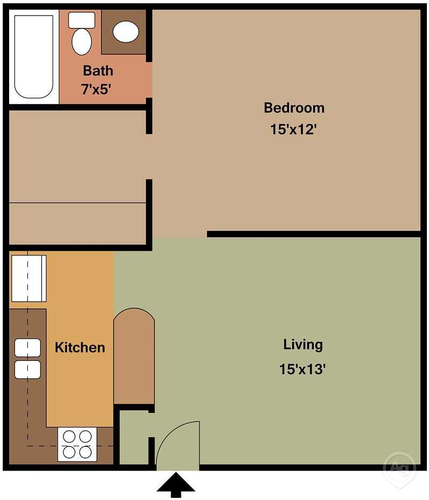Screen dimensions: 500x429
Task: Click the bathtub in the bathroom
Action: [x=33, y=56]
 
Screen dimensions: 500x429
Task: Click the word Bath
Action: [x=98, y=70]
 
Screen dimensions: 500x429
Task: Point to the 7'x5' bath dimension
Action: [x=96, y=89]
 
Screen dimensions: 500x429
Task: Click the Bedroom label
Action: [x=294, y=107]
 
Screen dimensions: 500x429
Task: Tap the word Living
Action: [x=303, y=344]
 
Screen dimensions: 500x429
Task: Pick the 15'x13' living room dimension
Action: [x=303, y=369]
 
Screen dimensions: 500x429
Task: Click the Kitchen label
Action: [x=80, y=347]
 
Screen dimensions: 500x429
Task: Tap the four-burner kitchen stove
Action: [x=77, y=445]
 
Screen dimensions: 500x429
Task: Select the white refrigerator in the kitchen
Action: [x=28, y=279]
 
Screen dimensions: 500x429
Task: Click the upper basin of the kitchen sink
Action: [x=27, y=348]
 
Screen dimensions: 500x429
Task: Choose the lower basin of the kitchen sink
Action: [x=27, y=369]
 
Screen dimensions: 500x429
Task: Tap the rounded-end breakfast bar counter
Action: [x=134, y=357]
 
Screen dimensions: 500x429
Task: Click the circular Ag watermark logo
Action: [x=400, y=467]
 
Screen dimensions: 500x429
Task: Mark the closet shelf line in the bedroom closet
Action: [x=78, y=203]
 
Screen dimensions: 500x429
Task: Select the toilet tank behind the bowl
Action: [x=82, y=20]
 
